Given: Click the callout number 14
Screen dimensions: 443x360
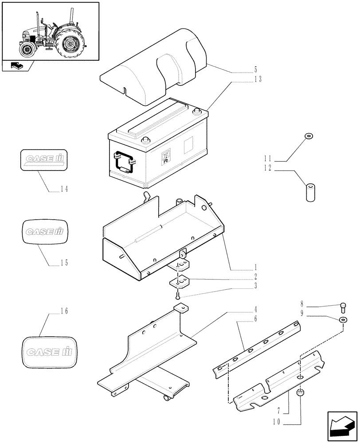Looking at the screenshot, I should click(64, 189).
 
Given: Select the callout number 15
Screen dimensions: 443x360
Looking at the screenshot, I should click(64, 263).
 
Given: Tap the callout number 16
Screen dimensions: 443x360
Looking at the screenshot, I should click(64, 312).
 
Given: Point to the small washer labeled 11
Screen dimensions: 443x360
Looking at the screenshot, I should click(307, 136).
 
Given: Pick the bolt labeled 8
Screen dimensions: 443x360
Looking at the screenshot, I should click(343, 305).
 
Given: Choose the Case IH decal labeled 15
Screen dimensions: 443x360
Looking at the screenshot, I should click(43, 230).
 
